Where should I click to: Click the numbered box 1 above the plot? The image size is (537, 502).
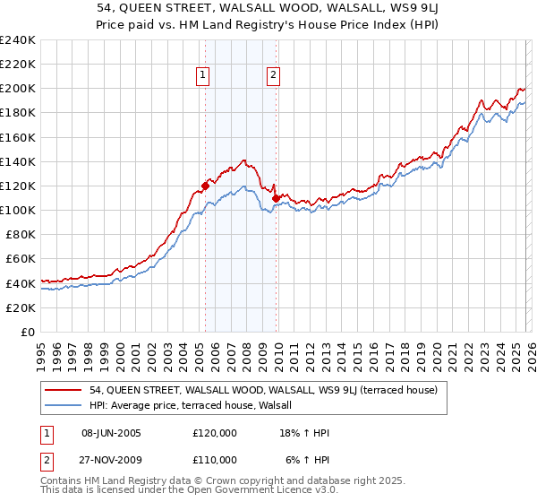tap(205, 76)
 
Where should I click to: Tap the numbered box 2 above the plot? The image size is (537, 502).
tap(273, 76)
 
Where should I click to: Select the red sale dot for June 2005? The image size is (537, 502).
tap(205, 186)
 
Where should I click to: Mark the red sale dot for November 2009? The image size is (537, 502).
tap(276, 198)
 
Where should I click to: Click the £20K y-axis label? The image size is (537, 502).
tap(21, 307)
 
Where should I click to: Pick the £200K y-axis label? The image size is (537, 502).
tap(18, 89)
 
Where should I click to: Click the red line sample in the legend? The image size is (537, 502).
tap(63, 391)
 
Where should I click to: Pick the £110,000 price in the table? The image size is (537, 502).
tap(214, 460)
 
